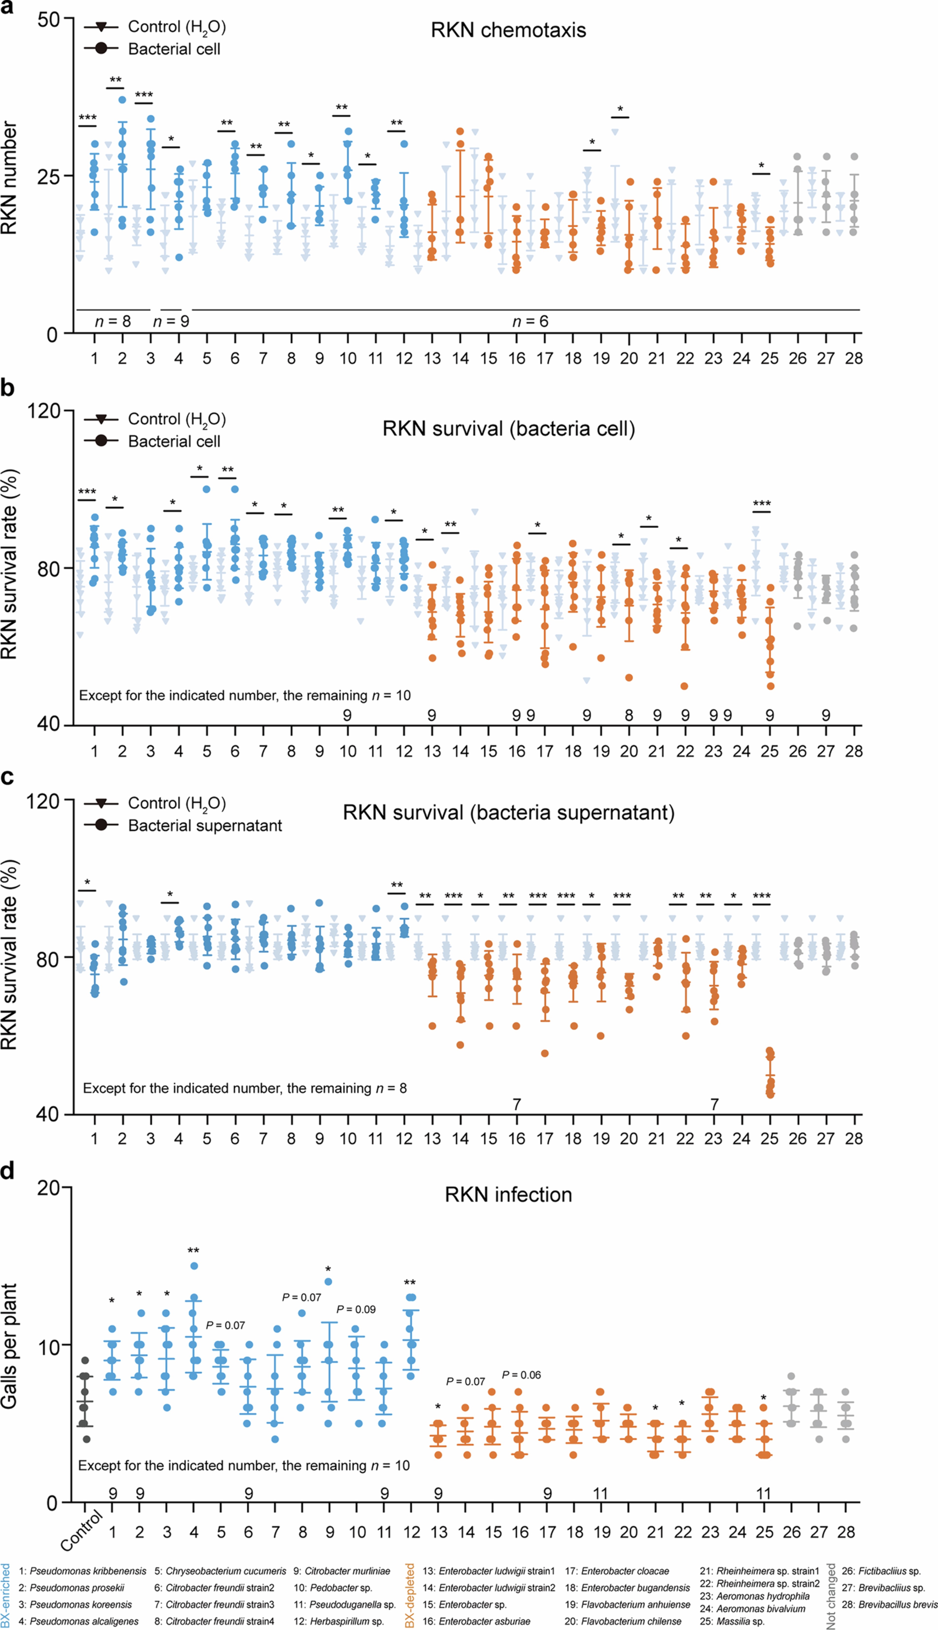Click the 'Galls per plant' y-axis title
pyautogui.click(x=9, y=1346)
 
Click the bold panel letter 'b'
pyautogui.click(x=8, y=388)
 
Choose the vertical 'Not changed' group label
pyautogui.click(x=831, y=1596)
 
